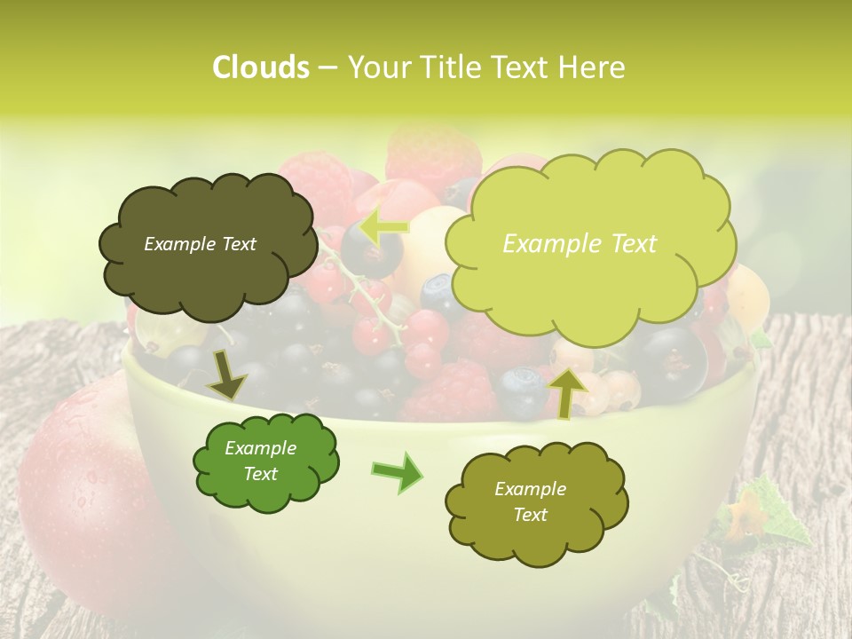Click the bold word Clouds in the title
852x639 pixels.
point(260,67)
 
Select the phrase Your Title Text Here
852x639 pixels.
point(485,67)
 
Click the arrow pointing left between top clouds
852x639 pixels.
point(384,225)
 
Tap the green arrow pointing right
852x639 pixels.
point(397,472)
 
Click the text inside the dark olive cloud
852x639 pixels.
point(200,244)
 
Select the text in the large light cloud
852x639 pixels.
point(580,244)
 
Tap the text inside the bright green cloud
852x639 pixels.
point(260,461)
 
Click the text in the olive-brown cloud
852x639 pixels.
point(530,501)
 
